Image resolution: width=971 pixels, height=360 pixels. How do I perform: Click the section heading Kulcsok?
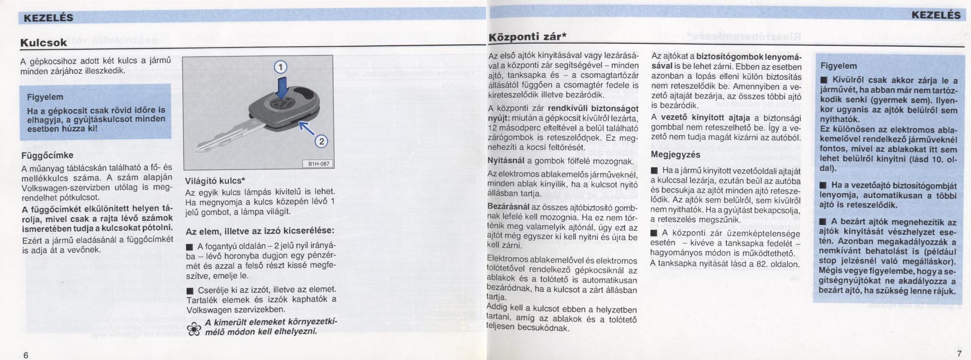pyautogui.click(x=44, y=42)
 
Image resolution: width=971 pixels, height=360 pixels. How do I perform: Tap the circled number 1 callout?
pyautogui.click(x=280, y=67)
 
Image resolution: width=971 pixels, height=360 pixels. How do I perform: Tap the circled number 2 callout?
pyautogui.click(x=321, y=141)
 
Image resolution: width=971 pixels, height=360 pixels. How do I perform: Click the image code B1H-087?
pyautogui.click(x=318, y=164)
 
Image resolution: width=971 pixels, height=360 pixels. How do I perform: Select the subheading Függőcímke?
pyautogui.click(x=47, y=155)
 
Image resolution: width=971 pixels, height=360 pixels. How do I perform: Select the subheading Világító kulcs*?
pyautogui.click(x=215, y=181)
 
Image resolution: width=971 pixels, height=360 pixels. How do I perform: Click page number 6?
pyautogui.click(x=25, y=355)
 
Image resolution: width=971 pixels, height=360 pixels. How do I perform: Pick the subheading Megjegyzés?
pyautogui.click(x=675, y=155)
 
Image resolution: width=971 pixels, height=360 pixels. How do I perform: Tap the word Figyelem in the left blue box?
pyautogui.click(x=45, y=97)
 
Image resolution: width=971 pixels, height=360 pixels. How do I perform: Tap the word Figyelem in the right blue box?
pyautogui.click(x=839, y=66)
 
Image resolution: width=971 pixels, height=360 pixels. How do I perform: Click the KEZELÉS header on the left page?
pyautogui.click(x=48, y=17)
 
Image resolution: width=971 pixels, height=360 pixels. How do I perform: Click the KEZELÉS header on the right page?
pyautogui.click(x=936, y=15)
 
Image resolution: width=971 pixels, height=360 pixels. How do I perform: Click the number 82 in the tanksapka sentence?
pyautogui.click(x=760, y=264)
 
